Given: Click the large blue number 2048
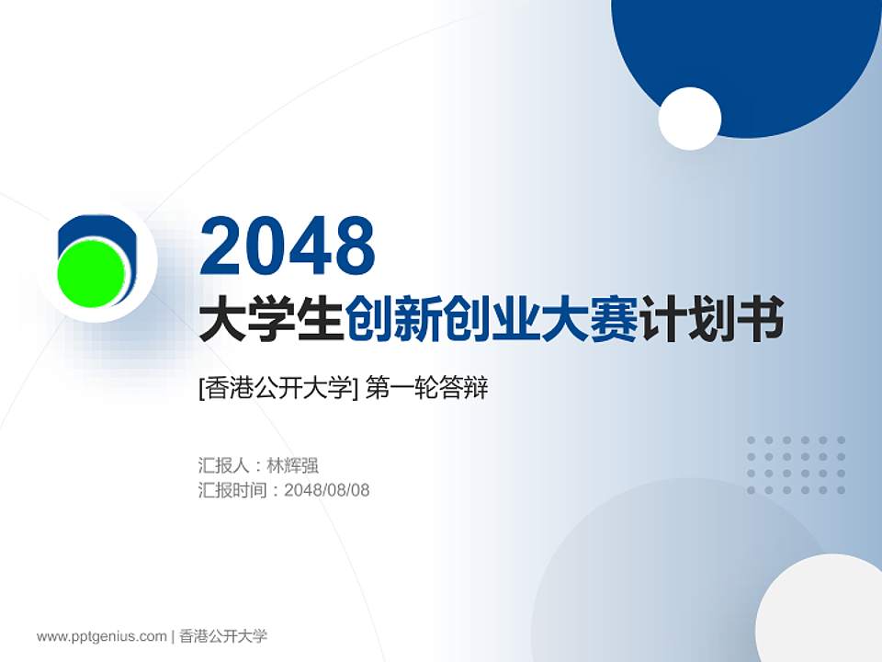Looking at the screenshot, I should click(x=288, y=245).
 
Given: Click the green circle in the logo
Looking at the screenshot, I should click(x=92, y=272).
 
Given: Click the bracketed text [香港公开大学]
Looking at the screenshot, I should click(x=277, y=389).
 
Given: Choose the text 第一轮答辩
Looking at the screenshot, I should click(x=426, y=389).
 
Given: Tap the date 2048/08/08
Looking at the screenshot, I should click(x=327, y=490).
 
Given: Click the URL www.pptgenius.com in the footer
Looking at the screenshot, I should click(x=101, y=636).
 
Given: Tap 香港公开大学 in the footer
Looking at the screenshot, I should click(x=223, y=636).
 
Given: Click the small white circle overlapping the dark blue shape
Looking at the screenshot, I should click(x=689, y=119).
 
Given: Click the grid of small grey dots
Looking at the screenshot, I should click(x=796, y=465).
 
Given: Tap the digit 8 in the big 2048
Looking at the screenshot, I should click(x=354, y=245).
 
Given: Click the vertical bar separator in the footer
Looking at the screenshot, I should click(x=173, y=636).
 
